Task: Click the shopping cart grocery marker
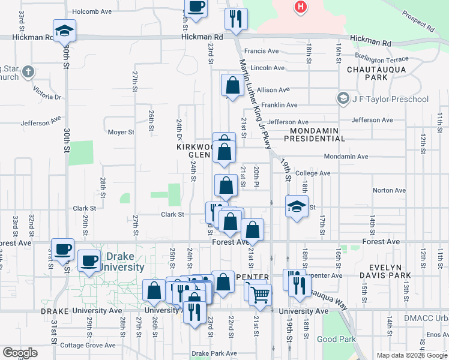(260, 294)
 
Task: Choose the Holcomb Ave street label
(92, 11)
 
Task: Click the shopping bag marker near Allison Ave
(232, 86)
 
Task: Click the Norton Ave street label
(390, 191)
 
